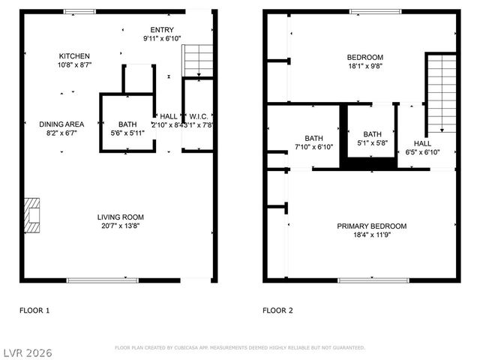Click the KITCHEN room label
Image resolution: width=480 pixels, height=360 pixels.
(75, 56)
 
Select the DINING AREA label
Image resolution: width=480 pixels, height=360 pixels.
(61, 124)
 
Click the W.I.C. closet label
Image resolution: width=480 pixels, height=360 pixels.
(198, 115)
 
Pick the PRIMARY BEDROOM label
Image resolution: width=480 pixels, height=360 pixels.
(371, 226)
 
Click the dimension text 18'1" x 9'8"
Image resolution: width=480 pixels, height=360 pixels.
(364, 66)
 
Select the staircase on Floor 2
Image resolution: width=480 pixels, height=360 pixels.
(441, 93)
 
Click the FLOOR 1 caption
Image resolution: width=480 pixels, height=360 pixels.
(34, 309)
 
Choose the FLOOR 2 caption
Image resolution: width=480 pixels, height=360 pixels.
(277, 309)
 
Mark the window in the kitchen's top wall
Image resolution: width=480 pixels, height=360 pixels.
(79, 10)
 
